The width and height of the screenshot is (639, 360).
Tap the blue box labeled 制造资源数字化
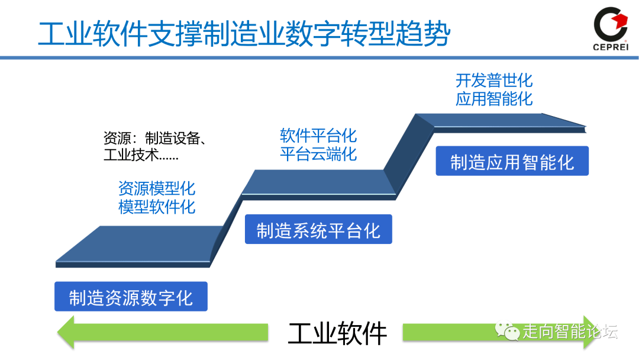(131, 297)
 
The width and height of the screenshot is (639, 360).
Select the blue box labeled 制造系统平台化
(318, 230)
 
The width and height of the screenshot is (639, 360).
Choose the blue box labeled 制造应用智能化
(512, 162)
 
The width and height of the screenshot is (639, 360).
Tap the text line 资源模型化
(156, 189)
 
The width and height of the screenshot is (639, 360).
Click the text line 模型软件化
(156, 207)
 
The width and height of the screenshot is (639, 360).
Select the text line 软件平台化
(318, 136)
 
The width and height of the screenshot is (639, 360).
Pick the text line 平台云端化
(318, 154)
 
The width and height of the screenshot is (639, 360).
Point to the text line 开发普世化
(494, 80)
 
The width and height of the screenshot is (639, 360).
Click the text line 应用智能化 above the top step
(494, 98)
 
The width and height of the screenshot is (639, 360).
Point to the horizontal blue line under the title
(319, 57)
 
